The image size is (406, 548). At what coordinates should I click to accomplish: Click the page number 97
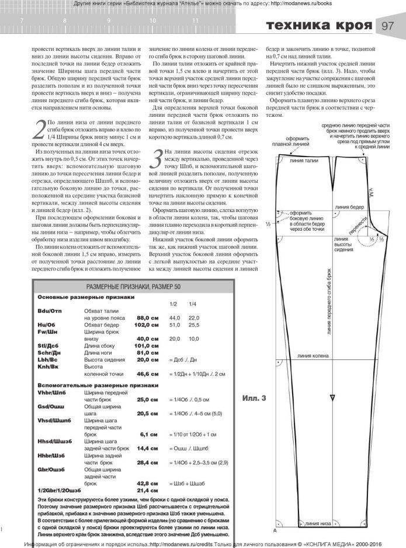tap(388, 25)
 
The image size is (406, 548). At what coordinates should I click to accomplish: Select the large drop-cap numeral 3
tap(156, 158)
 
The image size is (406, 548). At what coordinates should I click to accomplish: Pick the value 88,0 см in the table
tap(147, 317)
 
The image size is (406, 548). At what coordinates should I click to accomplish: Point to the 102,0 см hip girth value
tap(146, 324)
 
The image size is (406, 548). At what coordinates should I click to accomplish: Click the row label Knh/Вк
tap(47, 367)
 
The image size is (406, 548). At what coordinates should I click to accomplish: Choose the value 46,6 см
tap(147, 374)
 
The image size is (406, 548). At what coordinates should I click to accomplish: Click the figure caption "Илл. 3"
tap(254, 398)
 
